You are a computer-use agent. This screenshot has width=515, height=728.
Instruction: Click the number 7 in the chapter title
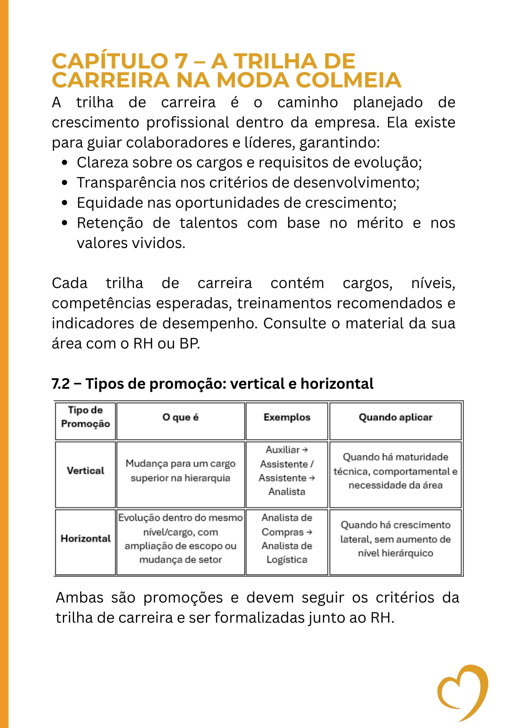tap(181, 61)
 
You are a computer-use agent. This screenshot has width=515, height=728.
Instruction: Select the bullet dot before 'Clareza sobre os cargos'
tap(65, 163)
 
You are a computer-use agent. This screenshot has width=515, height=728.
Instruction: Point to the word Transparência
tap(126, 183)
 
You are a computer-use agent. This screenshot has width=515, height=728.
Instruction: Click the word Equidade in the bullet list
tap(110, 203)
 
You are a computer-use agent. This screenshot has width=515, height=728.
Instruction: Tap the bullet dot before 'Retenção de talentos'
tap(65, 223)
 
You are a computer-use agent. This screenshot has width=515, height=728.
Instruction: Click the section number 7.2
tap(61, 384)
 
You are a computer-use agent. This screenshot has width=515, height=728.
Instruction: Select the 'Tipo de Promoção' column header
tap(85, 417)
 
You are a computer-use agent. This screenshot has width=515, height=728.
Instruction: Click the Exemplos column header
tap(287, 417)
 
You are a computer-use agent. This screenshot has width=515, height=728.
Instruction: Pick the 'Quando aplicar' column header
tap(395, 417)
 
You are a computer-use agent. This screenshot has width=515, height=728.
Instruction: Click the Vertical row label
tap(85, 471)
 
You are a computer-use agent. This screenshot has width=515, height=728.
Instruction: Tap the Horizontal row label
tap(85, 538)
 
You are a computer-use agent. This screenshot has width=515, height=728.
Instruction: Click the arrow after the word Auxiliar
tap(305, 450)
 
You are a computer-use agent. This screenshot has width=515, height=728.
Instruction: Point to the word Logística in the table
tap(287, 560)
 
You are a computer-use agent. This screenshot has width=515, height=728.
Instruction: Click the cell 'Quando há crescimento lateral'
tap(395, 539)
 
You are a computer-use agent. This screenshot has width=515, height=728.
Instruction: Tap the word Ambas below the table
tap(79, 598)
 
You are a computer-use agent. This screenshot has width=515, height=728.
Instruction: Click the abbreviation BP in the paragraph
tap(189, 344)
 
